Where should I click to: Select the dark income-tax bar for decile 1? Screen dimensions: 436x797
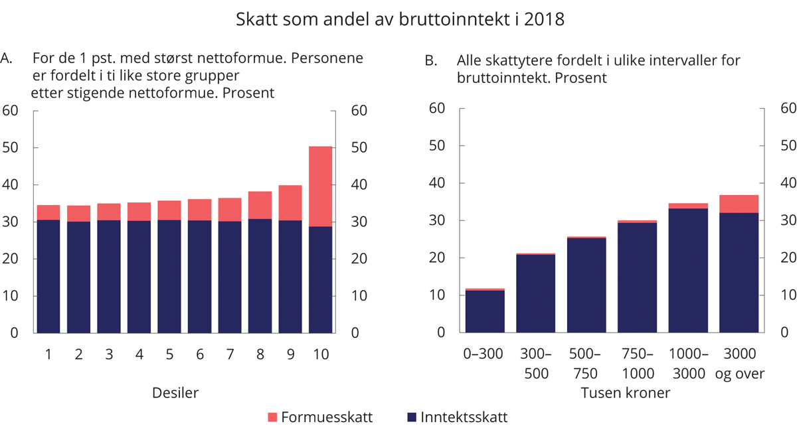48,275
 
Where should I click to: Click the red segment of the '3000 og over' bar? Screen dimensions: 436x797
739,204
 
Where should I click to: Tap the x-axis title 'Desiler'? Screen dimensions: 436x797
175,393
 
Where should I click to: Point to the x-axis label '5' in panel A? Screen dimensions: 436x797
169,354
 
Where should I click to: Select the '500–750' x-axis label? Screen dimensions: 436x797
586,364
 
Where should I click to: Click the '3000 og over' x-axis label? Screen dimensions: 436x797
739,364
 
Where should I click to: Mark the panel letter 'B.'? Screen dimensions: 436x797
431,61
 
